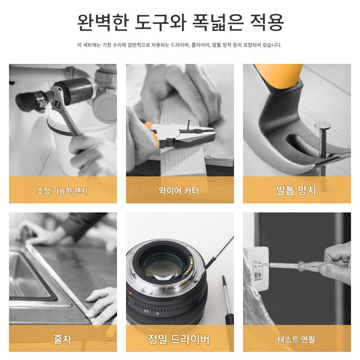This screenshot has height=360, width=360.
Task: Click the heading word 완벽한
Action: pos(102,22)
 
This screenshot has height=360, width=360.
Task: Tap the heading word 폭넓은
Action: pos(218,22)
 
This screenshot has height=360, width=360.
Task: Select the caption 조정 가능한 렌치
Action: pos(62,190)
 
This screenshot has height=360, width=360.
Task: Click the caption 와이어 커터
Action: pos(179,190)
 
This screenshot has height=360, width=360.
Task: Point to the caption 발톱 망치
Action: pos(296,190)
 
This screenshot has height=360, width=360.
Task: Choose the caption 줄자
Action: pos(62,339)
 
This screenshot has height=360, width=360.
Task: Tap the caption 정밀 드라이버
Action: pos(179,339)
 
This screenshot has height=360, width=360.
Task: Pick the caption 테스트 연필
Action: pos(296,339)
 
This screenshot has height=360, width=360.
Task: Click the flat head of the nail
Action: pos(322,125)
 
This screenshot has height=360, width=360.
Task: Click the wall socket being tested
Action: pos(257,268)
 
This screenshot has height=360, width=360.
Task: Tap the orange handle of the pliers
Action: pos(150,132)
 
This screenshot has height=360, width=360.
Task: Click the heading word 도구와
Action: pos(160,22)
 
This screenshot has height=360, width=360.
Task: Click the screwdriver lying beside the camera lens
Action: pos(227,298)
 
